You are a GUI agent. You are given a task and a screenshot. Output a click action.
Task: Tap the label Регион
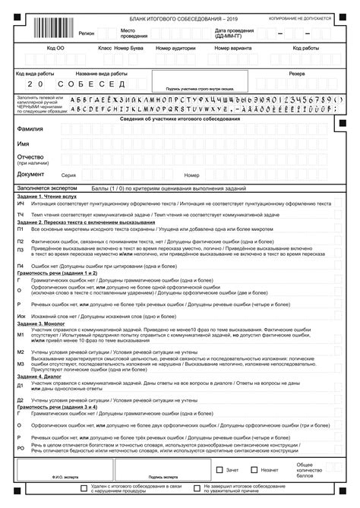point(86,34)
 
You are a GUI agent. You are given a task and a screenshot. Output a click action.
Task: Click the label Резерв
point(296,74)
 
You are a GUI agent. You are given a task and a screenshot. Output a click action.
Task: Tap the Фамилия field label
point(30,130)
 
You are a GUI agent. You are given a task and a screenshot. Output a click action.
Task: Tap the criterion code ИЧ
point(21,204)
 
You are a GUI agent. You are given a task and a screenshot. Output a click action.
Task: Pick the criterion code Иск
point(21,314)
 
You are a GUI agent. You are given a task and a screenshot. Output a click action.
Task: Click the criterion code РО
point(21,449)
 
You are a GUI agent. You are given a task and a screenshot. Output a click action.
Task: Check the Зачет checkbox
point(220,469)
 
